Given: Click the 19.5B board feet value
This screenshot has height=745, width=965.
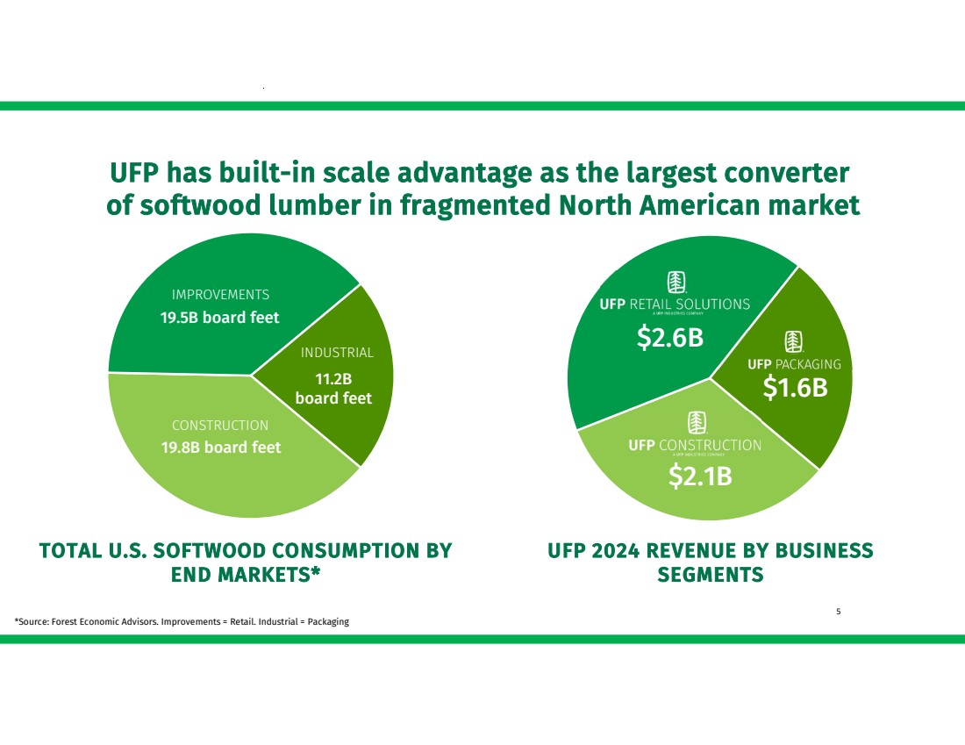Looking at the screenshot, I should click(219, 318).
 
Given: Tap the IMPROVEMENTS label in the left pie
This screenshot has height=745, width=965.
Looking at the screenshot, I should click(220, 295).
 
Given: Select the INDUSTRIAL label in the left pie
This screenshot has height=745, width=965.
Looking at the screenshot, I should click(337, 353).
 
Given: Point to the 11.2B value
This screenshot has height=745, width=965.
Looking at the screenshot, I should click(333, 379).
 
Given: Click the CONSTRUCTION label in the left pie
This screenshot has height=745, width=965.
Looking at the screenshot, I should click(220, 426).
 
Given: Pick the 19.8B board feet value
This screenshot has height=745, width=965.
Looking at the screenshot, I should click(221, 448).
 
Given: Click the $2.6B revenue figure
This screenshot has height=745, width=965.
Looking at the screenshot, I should click(670, 337).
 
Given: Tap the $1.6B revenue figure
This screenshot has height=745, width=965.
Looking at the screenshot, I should click(795, 388).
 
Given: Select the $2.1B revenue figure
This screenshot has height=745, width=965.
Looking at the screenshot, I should click(700, 476).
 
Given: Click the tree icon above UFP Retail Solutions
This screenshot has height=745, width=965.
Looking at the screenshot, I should click(675, 282).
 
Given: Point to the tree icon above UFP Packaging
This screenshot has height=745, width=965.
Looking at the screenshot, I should click(794, 340).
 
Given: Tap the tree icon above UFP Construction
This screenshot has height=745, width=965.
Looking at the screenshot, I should click(696, 422).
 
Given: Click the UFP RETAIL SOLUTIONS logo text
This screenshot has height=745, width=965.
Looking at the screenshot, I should click(675, 304).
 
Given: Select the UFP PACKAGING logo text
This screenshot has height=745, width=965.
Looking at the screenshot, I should click(794, 364).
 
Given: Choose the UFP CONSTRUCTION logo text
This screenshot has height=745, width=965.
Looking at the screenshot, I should click(695, 445).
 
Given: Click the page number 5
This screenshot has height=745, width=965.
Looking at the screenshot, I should click(839, 612).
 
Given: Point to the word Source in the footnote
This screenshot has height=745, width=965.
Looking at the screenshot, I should click(35, 622).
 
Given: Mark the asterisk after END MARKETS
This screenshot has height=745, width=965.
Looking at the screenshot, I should click(315, 574).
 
